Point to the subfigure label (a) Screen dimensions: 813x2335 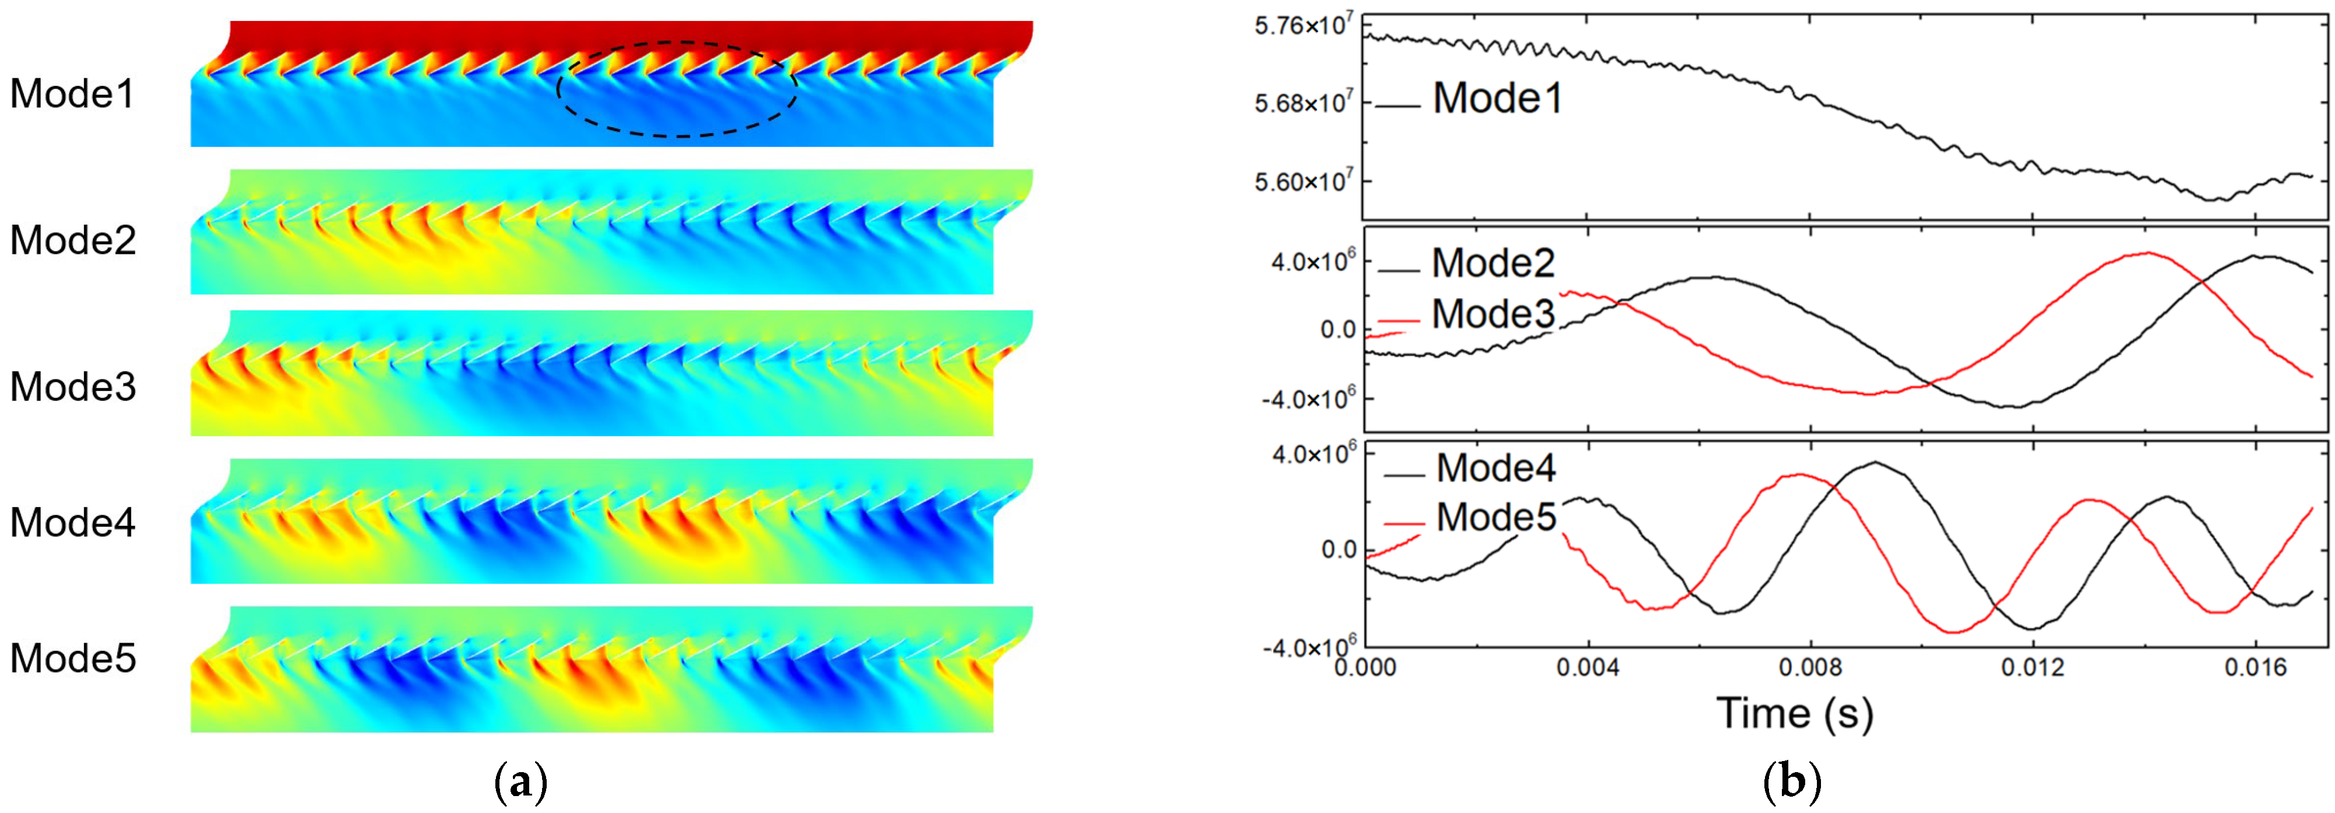(x=521, y=782)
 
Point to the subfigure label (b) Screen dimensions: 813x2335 (x=1791, y=782)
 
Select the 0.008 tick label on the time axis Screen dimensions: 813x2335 (x=1810, y=668)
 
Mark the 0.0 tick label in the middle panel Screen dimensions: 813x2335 (x=1338, y=330)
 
